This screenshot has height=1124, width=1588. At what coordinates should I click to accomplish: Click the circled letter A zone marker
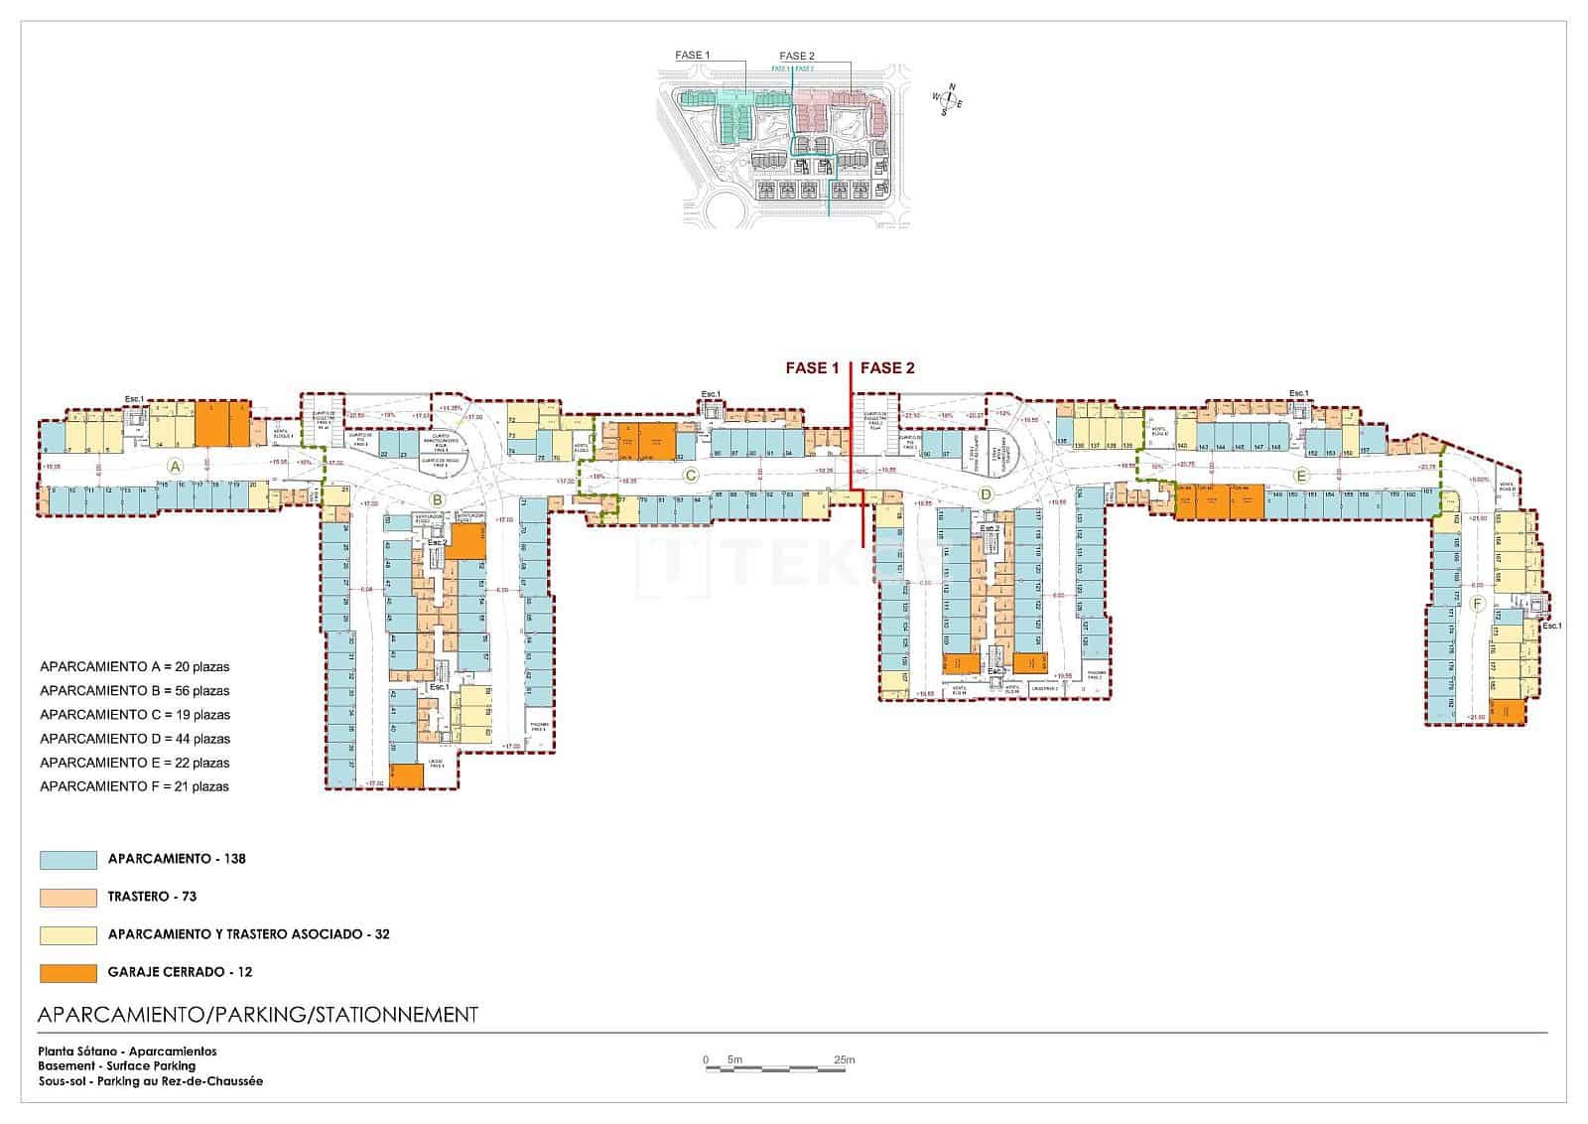click(x=175, y=466)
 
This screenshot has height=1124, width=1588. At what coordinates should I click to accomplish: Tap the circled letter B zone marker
click(x=436, y=499)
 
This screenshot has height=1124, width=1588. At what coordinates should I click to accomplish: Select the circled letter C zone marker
click(x=691, y=476)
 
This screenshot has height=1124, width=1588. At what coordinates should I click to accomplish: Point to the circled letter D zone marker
click(x=986, y=493)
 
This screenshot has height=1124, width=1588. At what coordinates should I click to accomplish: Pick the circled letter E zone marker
click(x=1300, y=475)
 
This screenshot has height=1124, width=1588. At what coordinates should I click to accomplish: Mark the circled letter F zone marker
click(x=1477, y=604)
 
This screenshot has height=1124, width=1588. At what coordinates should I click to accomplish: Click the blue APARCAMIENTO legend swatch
click(x=68, y=860)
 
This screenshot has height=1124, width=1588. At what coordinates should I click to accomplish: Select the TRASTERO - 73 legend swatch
click(x=68, y=898)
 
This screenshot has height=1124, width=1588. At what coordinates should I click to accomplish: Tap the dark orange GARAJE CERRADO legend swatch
click(x=68, y=973)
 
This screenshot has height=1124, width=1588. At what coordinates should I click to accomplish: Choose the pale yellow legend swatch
click(x=68, y=935)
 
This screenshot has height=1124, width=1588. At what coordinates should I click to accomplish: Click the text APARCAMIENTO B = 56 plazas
click(x=134, y=691)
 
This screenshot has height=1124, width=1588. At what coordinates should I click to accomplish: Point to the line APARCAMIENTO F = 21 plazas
click(x=134, y=786)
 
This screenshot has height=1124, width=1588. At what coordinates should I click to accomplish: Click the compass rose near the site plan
click(x=949, y=99)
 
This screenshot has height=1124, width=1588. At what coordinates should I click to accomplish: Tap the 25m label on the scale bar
click(x=844, y=1059)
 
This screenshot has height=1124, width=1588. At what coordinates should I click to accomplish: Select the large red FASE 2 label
click(x=887, y=368)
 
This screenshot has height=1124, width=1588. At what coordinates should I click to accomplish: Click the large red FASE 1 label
click(x=812, y=368)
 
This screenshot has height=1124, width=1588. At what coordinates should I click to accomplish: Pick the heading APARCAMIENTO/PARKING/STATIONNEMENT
click(x=257, y=1015)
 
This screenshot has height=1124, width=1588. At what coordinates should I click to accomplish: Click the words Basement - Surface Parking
click(x=117, y=1066)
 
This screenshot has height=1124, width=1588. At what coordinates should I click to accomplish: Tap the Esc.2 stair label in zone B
click(x=437, y=543)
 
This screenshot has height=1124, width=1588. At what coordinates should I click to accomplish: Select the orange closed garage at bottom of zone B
click(x=406, y=775)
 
